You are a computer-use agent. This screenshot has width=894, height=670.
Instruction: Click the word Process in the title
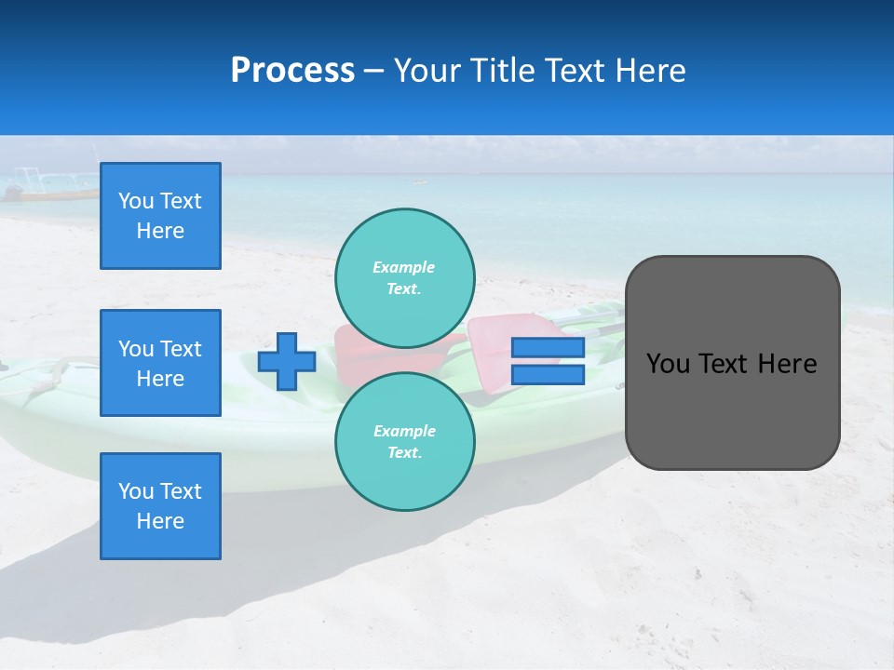pyautogui.click(x=292, y=71)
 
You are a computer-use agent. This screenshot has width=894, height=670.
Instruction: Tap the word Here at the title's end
pyautogui.click(x=648, y=71)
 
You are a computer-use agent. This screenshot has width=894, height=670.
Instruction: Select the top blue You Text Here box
pyautogui.click(x=160, y=216)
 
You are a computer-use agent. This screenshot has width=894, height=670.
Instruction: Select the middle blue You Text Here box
pyautogui.click(x=160, y=363)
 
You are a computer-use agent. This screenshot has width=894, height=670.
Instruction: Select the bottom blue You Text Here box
pyautogui.click(x=160, y=506)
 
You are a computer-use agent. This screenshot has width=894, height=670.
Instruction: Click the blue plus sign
pyautogui.click(x=287, y=361)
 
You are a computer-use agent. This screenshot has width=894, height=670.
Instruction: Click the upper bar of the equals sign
pyautogui.click(x=548, y=347)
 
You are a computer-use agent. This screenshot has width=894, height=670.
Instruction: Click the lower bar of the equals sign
pyautogui.click(x=548, y=375)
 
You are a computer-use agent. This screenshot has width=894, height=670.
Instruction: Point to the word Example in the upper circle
pyautogui.click(x=403, y=267)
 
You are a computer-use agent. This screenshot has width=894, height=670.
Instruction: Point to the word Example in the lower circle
pyautogui.click(x=404, y=431)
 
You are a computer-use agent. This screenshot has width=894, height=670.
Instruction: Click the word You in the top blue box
pyautogui.click(x=136, y=201)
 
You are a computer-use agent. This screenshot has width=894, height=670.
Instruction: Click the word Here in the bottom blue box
pyautogui.click(x=160, y=521)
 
